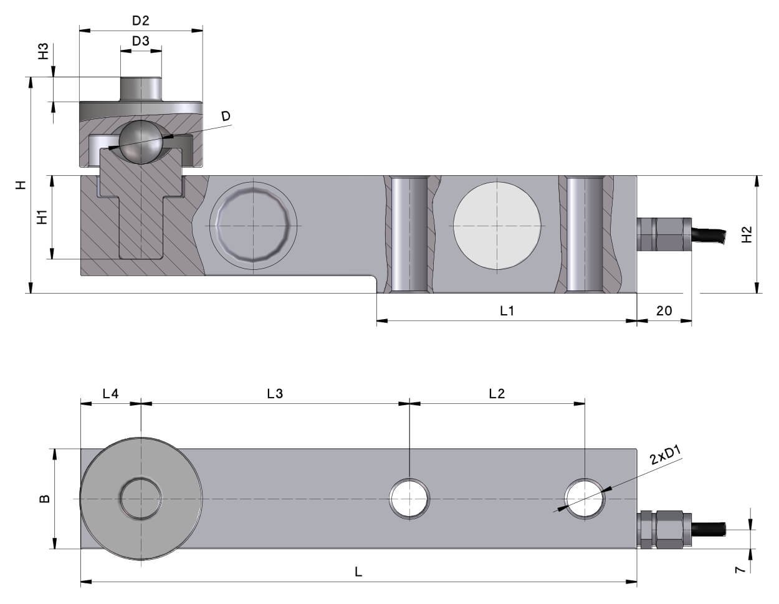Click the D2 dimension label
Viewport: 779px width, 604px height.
click(140, 21)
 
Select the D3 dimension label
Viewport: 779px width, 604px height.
click(140, 41)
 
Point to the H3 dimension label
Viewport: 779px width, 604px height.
click(44, 51)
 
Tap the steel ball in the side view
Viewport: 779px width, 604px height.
click(141, 142)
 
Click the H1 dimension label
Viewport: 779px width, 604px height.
click(42, 217)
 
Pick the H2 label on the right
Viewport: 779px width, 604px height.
click(747, 234)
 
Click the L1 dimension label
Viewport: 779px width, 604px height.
click(507, 311)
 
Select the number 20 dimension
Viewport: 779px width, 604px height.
click(664, 311)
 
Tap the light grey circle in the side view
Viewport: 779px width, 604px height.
click(497, 226)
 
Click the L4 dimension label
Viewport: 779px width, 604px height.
click(110, 394)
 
